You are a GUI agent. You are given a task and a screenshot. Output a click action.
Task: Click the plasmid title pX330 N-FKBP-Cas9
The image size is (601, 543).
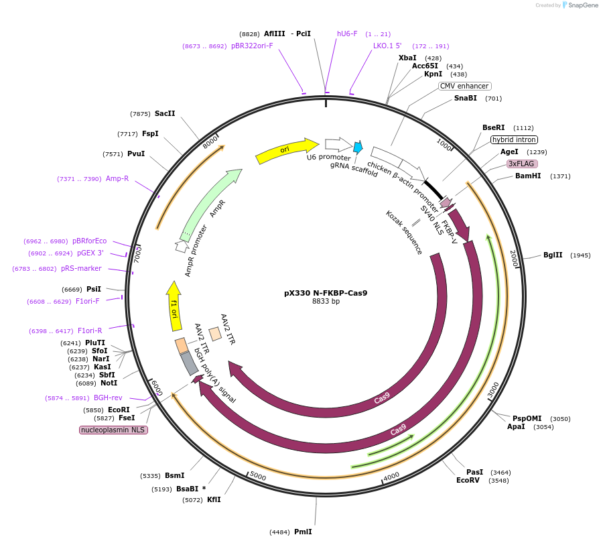coord(326,293)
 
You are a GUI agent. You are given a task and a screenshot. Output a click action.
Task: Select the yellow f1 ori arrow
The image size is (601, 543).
coord(174,306)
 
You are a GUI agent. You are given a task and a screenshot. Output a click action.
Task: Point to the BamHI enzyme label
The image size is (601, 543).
coord(527,176)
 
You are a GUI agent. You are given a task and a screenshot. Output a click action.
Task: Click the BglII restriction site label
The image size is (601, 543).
coord(553,255)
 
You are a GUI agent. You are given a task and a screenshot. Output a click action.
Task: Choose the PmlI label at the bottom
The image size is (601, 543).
coord(303,532)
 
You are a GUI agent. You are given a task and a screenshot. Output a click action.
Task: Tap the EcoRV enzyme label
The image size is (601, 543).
coord(468,480)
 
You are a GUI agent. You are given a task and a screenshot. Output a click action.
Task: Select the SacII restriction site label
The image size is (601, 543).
coord(165,114)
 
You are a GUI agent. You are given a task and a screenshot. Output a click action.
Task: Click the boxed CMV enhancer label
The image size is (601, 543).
coord(465,86)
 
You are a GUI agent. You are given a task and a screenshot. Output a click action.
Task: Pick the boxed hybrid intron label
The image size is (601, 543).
coord(514,140)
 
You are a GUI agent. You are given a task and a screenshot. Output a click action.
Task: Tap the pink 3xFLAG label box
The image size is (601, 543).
coord(522,164)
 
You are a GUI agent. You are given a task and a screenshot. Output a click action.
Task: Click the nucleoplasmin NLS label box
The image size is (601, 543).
coord(113,430)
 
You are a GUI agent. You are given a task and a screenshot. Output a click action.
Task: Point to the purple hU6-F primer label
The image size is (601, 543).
coord(347,34)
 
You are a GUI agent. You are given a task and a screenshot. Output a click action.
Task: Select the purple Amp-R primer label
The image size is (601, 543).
coord(117,178)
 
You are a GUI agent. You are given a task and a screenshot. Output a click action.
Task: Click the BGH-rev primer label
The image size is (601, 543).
coord(108,398)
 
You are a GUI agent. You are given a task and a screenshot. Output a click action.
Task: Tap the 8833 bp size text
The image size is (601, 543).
coord(326,302)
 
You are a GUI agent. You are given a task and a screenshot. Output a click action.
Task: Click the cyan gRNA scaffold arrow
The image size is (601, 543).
coord(358,147)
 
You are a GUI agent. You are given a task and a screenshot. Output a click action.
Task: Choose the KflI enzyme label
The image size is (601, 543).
coord(214,499)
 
